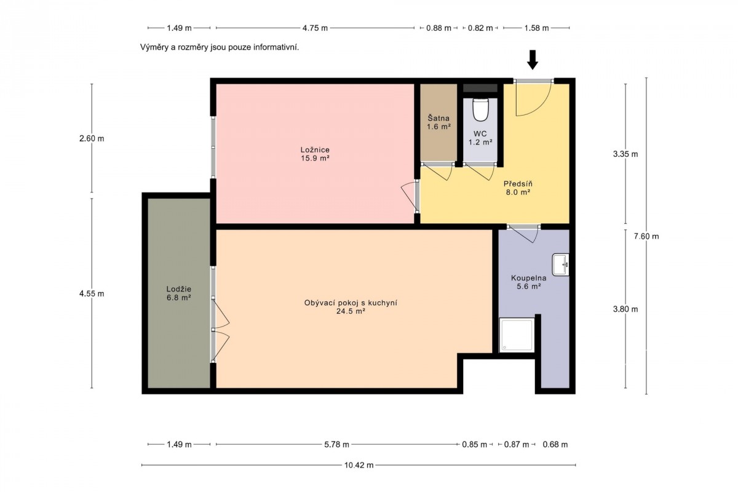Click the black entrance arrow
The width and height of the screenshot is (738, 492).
pos(533,60)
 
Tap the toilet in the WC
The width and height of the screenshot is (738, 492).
pos(480,109)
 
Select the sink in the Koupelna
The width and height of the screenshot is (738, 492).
pos(560,264)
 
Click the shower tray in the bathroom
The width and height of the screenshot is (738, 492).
pos(517,335)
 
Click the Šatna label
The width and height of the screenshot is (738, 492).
pos(438,117)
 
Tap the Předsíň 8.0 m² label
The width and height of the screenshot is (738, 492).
pos(518,188)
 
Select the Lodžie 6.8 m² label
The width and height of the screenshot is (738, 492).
pos(179,293)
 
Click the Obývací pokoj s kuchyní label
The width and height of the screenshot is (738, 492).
pos(351,303)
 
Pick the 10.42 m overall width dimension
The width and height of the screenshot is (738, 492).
pos(359,465)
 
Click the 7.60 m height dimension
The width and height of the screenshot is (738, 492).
pos(646,236)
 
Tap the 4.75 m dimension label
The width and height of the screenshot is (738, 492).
pos(315,28)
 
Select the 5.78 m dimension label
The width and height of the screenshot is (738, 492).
pos(336,444)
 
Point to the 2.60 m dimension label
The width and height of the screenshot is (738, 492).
pos(92,138)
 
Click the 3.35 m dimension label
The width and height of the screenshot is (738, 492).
pos(625,154)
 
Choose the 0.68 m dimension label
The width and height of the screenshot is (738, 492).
pos(555,444)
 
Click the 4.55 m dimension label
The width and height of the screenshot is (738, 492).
pos(92,293)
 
